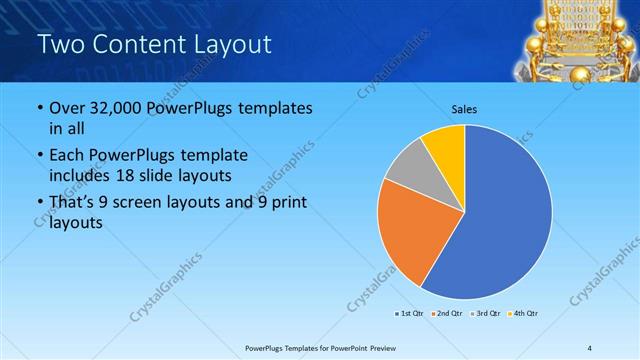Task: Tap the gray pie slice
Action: click(x=410, y=170)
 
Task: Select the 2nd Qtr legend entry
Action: click(x=445, y=314)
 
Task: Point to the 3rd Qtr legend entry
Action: click(x=484, y=314)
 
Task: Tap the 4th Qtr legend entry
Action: click(x=524, y=314)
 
